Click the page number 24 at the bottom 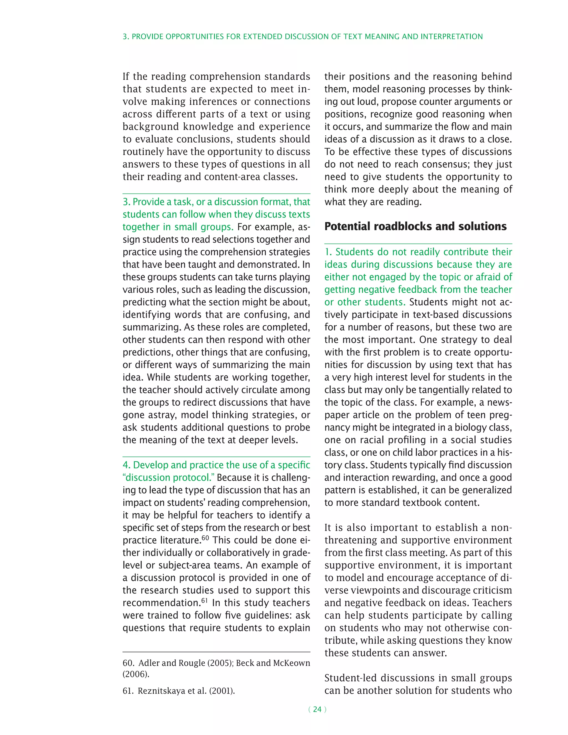tap(317, 709)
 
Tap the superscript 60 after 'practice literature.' tap(205, 538)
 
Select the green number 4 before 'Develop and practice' tap(126, 465)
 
